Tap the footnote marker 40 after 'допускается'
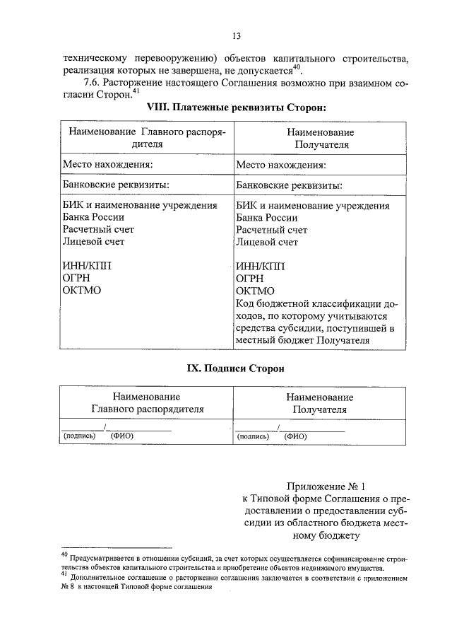tap(297, 67)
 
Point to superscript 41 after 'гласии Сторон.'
tap(136, 91)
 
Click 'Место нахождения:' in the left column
tap(107, 165)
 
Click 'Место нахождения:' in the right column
tap(281, 165)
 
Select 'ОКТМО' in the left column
tap(82, 290)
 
